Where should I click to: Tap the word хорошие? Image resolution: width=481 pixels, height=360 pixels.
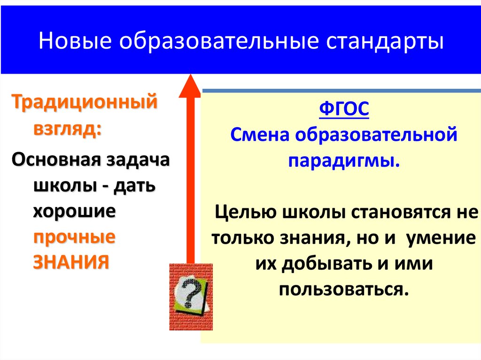pos(74,211)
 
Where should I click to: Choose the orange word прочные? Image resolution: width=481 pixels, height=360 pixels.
pos(74,236)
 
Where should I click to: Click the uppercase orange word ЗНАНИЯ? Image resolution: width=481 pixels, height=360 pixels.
pos(71,261)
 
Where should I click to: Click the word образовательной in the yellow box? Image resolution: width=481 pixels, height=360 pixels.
pos(376,137)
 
